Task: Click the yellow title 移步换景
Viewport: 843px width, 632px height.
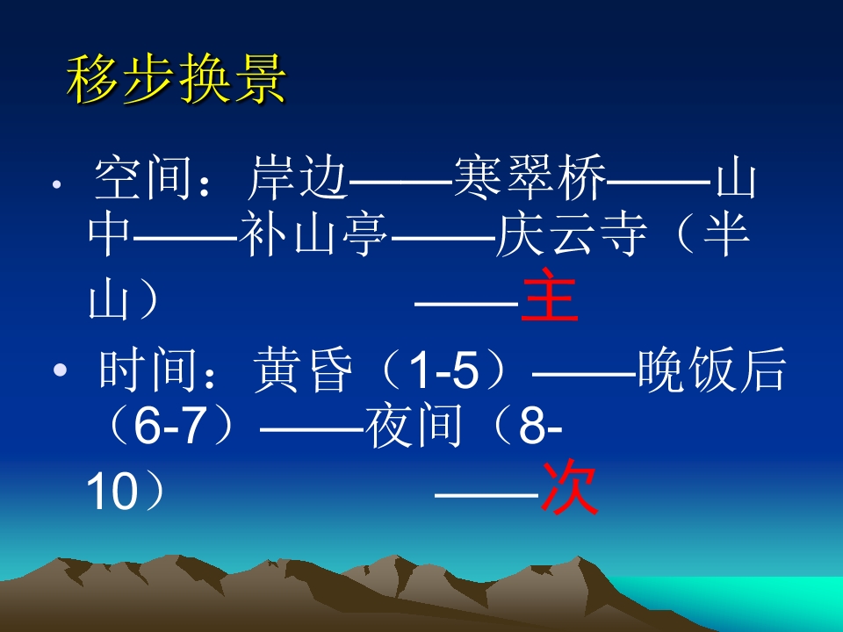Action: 177,81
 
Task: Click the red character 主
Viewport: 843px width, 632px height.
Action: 550,297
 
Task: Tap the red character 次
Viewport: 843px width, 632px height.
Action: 569,489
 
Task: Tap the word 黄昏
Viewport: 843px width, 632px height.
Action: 292,370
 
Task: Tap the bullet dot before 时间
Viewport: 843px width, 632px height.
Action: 59,372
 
